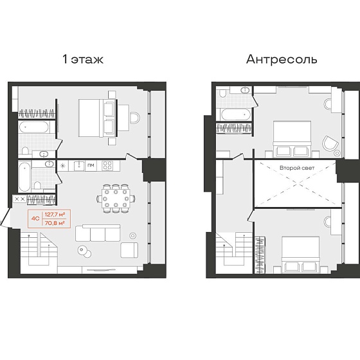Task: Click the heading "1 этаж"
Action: (x=83, y=59)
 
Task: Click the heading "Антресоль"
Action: (x=282, y=59)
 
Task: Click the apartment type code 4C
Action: (x=35, y=219)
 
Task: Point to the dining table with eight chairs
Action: (x=116, y=199)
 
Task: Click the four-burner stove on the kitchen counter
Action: (x=108, y=166)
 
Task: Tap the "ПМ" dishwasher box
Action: (x=91, y=165)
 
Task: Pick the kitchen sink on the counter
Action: (x=80, y=166)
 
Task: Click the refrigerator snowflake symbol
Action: (x=62, y=166)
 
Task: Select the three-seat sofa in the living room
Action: (x=98, y=233)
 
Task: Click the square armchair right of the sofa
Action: (x=129, y=250)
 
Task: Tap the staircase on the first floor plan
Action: (x=39, y=249)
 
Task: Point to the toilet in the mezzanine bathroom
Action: (x=222, y=93)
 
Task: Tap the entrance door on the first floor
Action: (x=6, y=218)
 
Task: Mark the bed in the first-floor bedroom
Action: (x=98, y=118)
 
